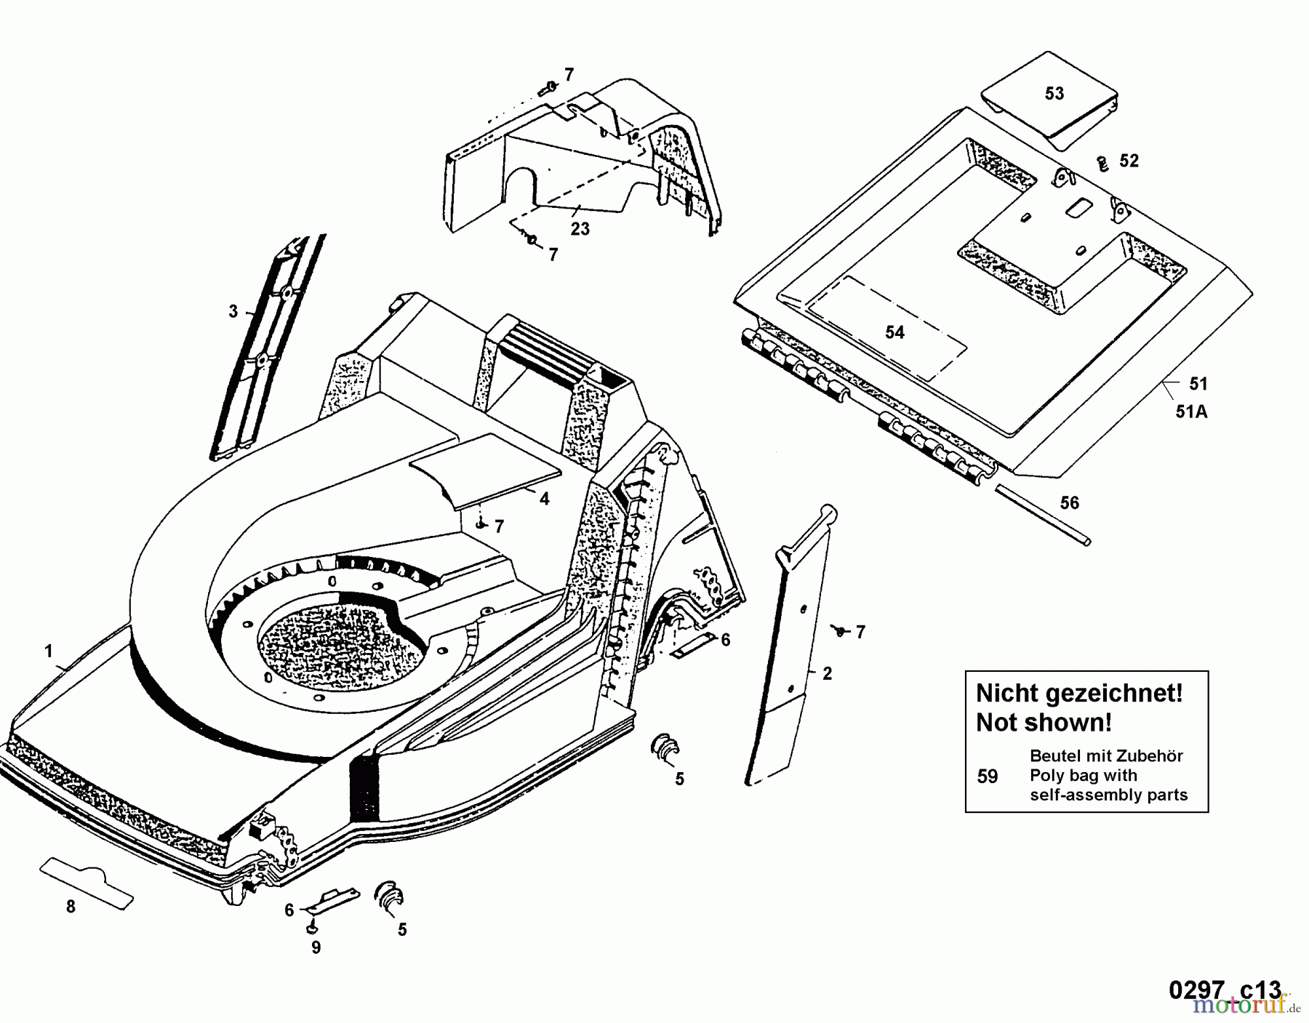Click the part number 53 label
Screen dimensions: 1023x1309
(x=1054, y=93)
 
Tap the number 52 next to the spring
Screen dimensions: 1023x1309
(x=1129, y=161)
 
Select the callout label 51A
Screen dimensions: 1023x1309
(x=1191, y=412)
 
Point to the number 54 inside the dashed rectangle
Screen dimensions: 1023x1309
(x=894, y=332)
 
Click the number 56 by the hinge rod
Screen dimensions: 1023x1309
(x=1070, y=503)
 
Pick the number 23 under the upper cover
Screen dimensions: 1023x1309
(x=580, y=229)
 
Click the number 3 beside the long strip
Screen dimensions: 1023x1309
(x=233, y=311)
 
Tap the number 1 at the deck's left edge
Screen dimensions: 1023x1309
(x=49, y=651)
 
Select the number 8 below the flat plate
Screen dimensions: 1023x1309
(x=71, y=907)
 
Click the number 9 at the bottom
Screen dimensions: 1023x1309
(x=316, y=948)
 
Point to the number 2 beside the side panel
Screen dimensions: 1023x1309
(x=827, y=673)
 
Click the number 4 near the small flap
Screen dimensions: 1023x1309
(x=544, y=499)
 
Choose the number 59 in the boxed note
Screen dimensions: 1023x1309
(x=987, y=777)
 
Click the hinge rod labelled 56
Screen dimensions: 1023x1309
(x=1044, y=515)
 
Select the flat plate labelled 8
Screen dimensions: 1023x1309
(x=87, y=879)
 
